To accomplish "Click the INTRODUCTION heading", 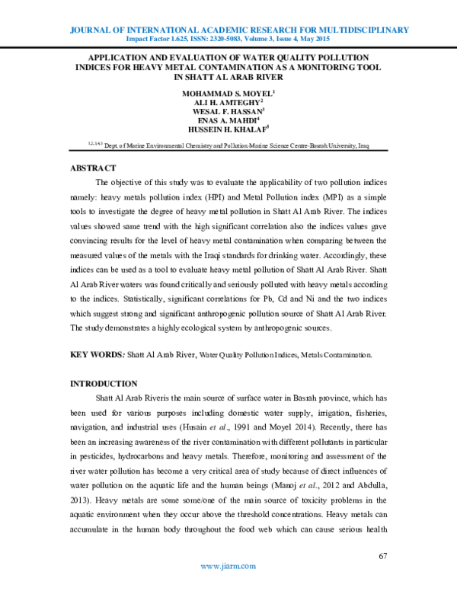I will click(x=104, y=384).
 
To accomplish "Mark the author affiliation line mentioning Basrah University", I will click(x=228, y=144).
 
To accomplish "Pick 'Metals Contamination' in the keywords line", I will click(x=335, y=356).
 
